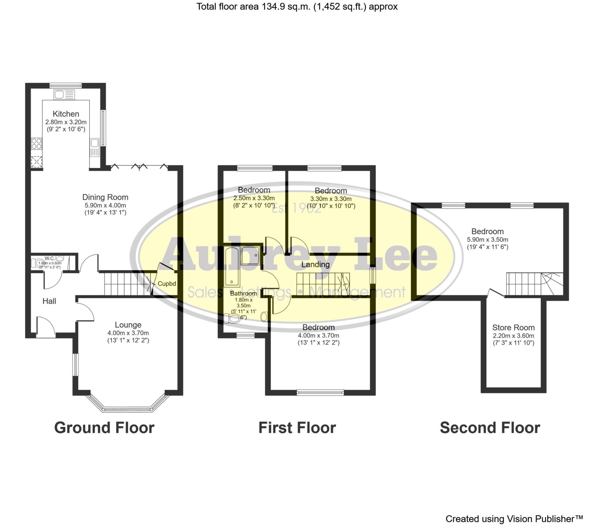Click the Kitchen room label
(x=66, y=114)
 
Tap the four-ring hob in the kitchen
(x=37, y=144)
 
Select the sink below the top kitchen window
(x=64, y=95)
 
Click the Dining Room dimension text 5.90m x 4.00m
(x=105, y=205)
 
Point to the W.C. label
(x=50, y=258)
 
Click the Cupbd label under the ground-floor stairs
(x=166, y=284)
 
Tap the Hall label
(x=49, y=301)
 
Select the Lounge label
(x=128, y=324)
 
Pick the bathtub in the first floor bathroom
(x=232, y=266)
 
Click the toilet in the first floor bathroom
(x=232, y=319)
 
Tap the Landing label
(x=315, y=264)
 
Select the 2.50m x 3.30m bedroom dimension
(x=254, y=198)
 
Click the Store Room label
(x=513, y=327)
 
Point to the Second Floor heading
(x=490, y=428)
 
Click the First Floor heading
(x=297, y=428)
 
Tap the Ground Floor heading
(x=104, y=428)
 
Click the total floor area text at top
(x=297, y=6)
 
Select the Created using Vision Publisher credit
(x=514, y=519)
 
